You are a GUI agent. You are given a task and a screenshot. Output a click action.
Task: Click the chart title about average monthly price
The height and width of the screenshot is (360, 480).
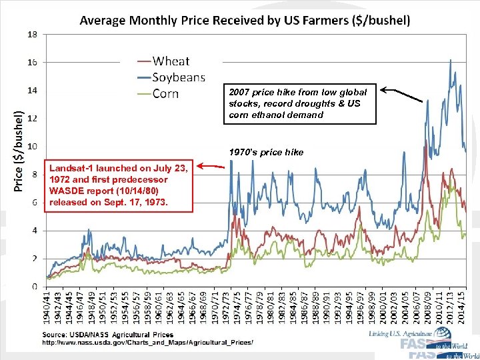click(245, 20)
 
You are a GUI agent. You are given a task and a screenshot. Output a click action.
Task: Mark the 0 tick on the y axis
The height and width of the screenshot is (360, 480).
click(35, 287)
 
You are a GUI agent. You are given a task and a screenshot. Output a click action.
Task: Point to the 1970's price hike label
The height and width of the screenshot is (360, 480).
click(265, 153)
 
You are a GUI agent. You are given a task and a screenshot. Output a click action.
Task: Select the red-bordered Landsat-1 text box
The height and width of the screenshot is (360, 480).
click(119, 185)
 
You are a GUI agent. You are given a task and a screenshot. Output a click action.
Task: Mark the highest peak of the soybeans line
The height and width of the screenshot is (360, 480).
click(451, 60)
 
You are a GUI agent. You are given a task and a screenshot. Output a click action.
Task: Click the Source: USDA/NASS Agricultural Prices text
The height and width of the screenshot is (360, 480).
click(108, 335)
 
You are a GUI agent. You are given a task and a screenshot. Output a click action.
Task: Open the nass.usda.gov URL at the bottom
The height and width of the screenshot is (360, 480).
click(148, 342)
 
